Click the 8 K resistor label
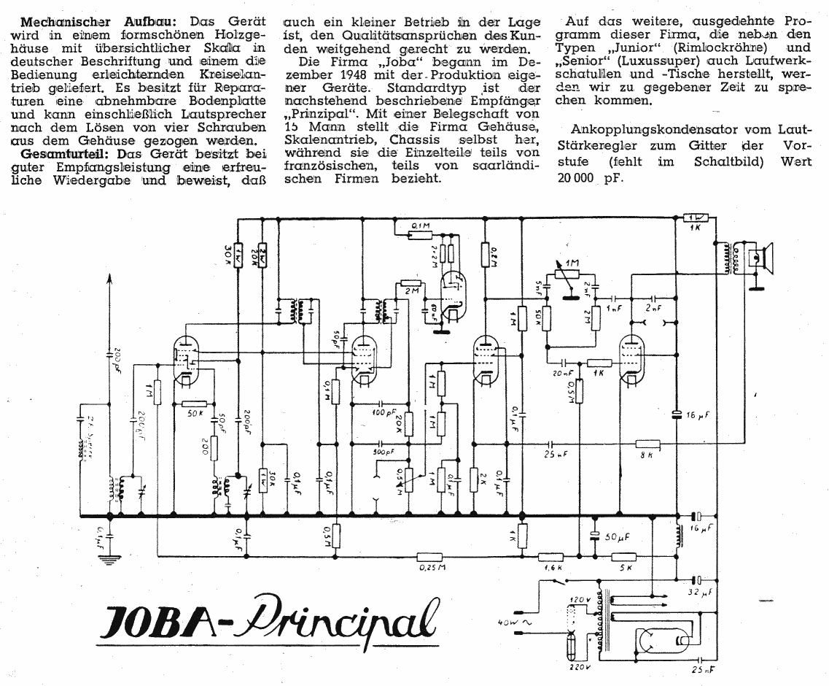click(645, 456)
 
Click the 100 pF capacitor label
click(382, 413)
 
